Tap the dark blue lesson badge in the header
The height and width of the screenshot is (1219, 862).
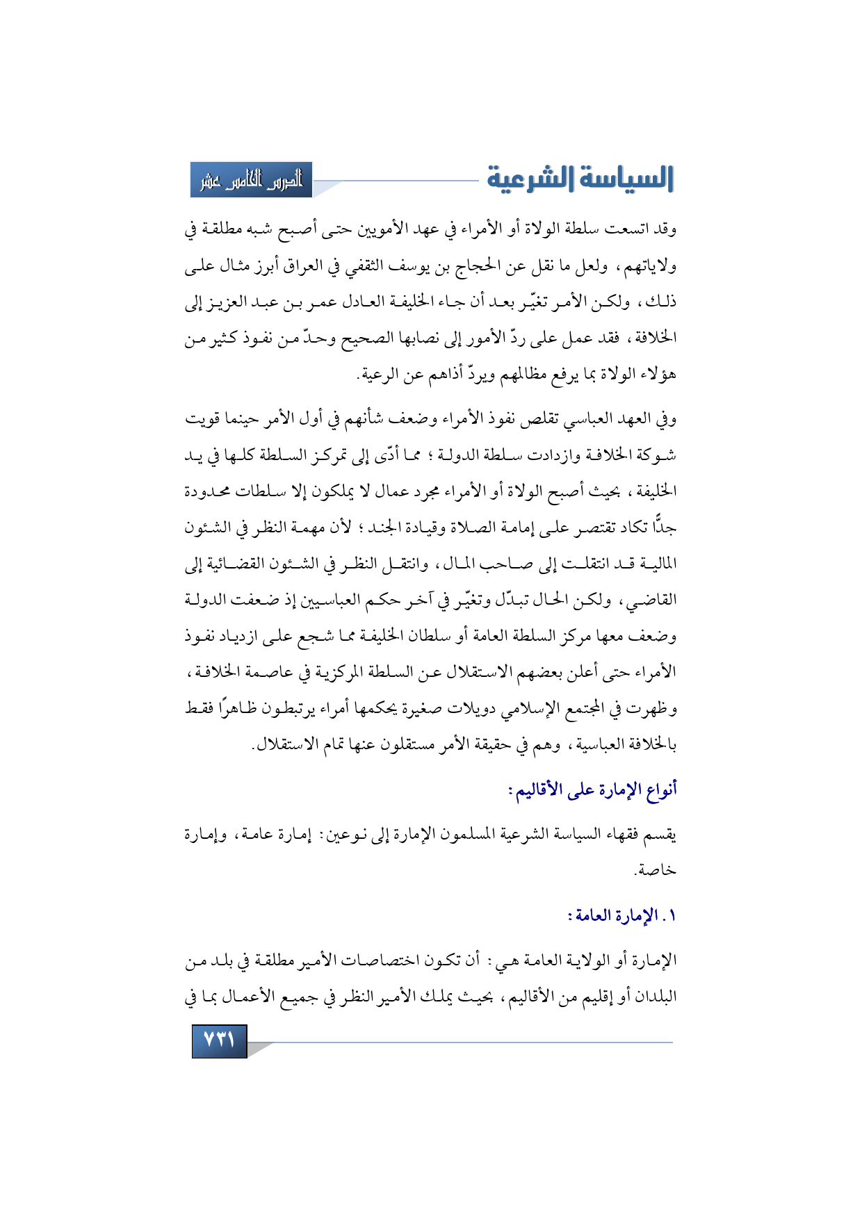252,180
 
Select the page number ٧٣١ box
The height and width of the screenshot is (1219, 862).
219,1041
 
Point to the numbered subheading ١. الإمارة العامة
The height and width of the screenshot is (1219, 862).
622,915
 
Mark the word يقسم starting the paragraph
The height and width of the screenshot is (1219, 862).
661,834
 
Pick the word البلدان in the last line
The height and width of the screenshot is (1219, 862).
651,997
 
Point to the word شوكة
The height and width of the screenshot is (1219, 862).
658,455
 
